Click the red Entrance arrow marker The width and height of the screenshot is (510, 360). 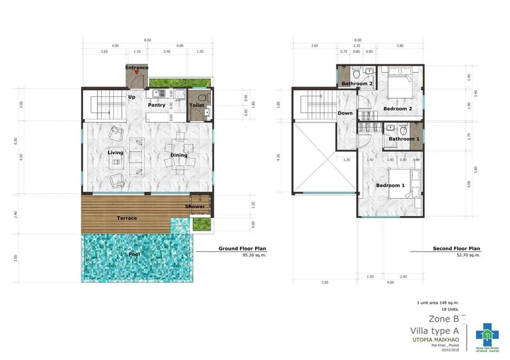136,74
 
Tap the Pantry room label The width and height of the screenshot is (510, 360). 156,105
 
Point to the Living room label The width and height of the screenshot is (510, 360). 115,153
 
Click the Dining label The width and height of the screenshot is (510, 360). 178,155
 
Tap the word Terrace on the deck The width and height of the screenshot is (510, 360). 126,219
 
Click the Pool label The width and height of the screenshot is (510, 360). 134,255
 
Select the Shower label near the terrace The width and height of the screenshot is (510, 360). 195,206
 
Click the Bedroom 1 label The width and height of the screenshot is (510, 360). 390,185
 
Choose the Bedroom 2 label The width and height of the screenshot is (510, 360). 397,109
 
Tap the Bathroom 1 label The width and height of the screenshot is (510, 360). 404,138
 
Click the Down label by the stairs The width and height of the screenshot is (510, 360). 345,113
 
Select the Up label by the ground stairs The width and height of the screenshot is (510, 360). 132,97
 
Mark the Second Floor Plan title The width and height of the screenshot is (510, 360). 458,248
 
